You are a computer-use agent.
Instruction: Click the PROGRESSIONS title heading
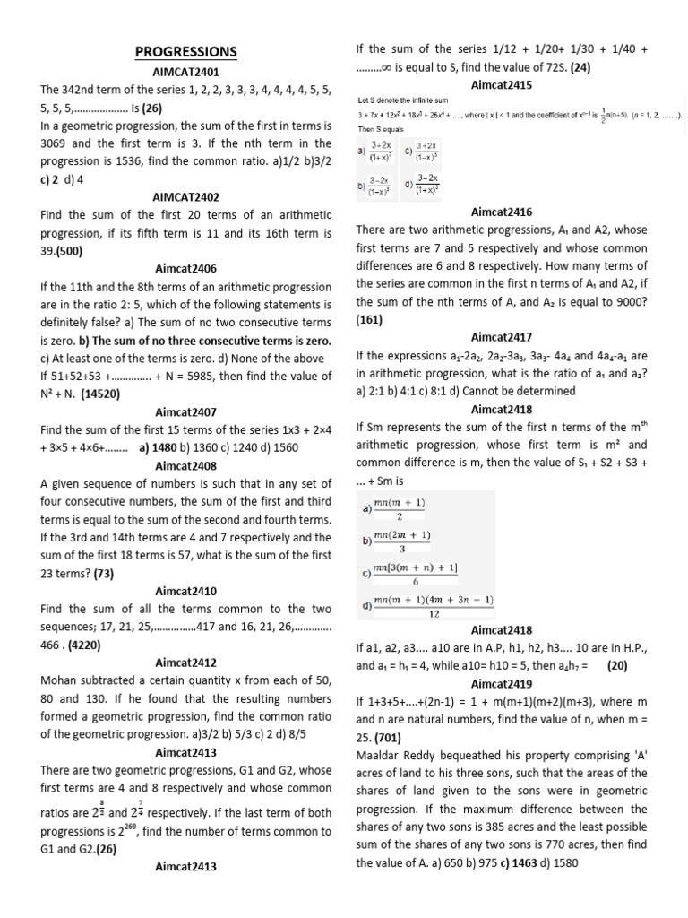click(186, 52)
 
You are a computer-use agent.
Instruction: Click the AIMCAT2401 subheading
click(186, 71)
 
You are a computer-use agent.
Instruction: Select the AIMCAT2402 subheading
click(186, 196)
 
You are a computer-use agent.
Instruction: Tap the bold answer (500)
click(66, 251)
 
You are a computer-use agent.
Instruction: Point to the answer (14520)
click(100, 394)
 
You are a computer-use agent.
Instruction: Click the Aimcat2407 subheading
click(186, 411)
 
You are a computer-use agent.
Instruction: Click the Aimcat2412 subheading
click(186, 663)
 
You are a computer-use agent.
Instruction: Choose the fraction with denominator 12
click(434, 606)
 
